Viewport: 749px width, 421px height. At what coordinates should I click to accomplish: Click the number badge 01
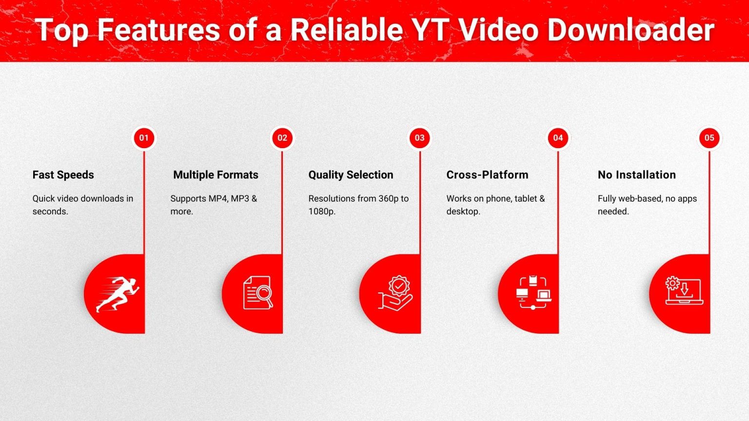pos(144,138)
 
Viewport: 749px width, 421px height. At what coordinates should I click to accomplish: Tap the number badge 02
pos(282,138)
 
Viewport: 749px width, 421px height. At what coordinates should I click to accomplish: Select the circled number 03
pos(420,138)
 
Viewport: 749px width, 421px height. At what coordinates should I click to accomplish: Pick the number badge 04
pos(558,138)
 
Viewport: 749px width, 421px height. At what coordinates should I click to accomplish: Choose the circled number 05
pos(709,138)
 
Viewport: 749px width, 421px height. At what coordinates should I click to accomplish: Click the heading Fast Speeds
pos(63,175)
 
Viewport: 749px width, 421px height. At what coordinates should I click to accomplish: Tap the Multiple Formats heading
pos(216,175)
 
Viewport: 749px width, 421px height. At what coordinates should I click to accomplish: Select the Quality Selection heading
pos(351,175)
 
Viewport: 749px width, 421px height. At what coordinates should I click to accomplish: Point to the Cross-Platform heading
pos(487,175)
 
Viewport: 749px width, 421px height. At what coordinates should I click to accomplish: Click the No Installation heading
pos(636,175)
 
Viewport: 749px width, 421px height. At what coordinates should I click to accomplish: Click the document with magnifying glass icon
pos(258,292)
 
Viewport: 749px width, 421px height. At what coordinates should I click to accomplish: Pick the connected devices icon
pos(533,292)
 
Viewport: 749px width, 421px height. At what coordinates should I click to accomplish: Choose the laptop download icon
pos(684,291)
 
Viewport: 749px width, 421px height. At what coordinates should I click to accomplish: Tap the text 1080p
pos(321,211)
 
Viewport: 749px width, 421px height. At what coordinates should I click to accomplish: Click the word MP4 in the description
pos(218,199)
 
